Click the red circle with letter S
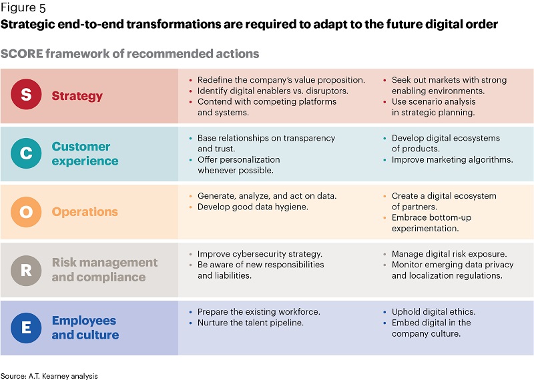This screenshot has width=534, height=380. click(x=26, y=94)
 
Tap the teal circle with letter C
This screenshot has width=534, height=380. click(x=26, y=153)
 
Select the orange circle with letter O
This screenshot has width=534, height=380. click(x=26, y=211)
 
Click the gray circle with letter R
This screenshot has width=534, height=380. click(x=26, y=270)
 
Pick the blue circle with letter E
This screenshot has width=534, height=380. click(x=26, y=327)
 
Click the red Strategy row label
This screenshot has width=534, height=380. click(x=77, y=96)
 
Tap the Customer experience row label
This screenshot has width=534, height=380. click(x=85, y=153)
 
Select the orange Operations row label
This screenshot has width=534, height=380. click(x=85, y=211)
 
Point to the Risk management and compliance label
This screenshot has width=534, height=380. click(x=105, y=270)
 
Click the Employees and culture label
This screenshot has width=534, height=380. click(x=85, y=327)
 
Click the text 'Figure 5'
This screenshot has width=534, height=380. click(x=23, y=7)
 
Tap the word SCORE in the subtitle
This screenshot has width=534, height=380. click(x=22, y=54)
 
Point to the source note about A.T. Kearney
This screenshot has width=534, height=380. click(x=49, y=376)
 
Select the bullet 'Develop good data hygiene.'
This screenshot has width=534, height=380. click(x=253, y=207)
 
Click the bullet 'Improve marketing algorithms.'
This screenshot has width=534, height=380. click(x=453, y=160)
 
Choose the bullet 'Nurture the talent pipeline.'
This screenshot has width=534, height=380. click(x=250, y=323)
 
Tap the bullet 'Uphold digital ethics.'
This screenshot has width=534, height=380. click(x=433, y=312)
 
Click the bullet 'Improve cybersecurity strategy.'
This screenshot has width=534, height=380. click(x=260, y=254)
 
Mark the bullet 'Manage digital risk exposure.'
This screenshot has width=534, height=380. click(x=449, y=254)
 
